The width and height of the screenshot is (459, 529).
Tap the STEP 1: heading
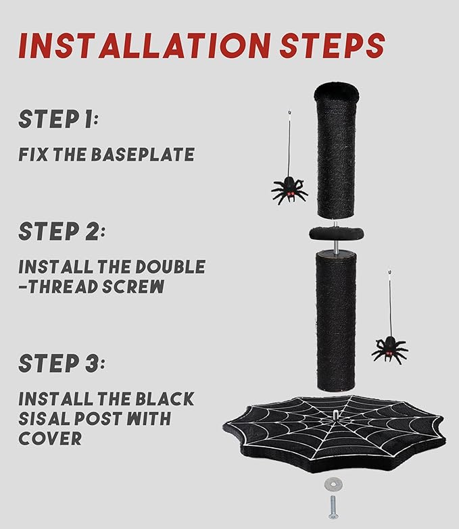(59, 120)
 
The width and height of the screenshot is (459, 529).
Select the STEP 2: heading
(62, 231)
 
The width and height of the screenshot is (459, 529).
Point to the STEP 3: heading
(62, 363)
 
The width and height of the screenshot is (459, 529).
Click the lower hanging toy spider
(390, 349)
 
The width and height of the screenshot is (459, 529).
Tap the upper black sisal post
(336, 155)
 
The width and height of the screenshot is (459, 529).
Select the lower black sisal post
(336, 318)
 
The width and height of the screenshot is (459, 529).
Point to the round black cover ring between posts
(336, 233)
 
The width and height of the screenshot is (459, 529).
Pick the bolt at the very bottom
(333, 507)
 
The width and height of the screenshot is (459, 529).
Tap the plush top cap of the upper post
(335, 89)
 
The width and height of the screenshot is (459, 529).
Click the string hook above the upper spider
(289, 111)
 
